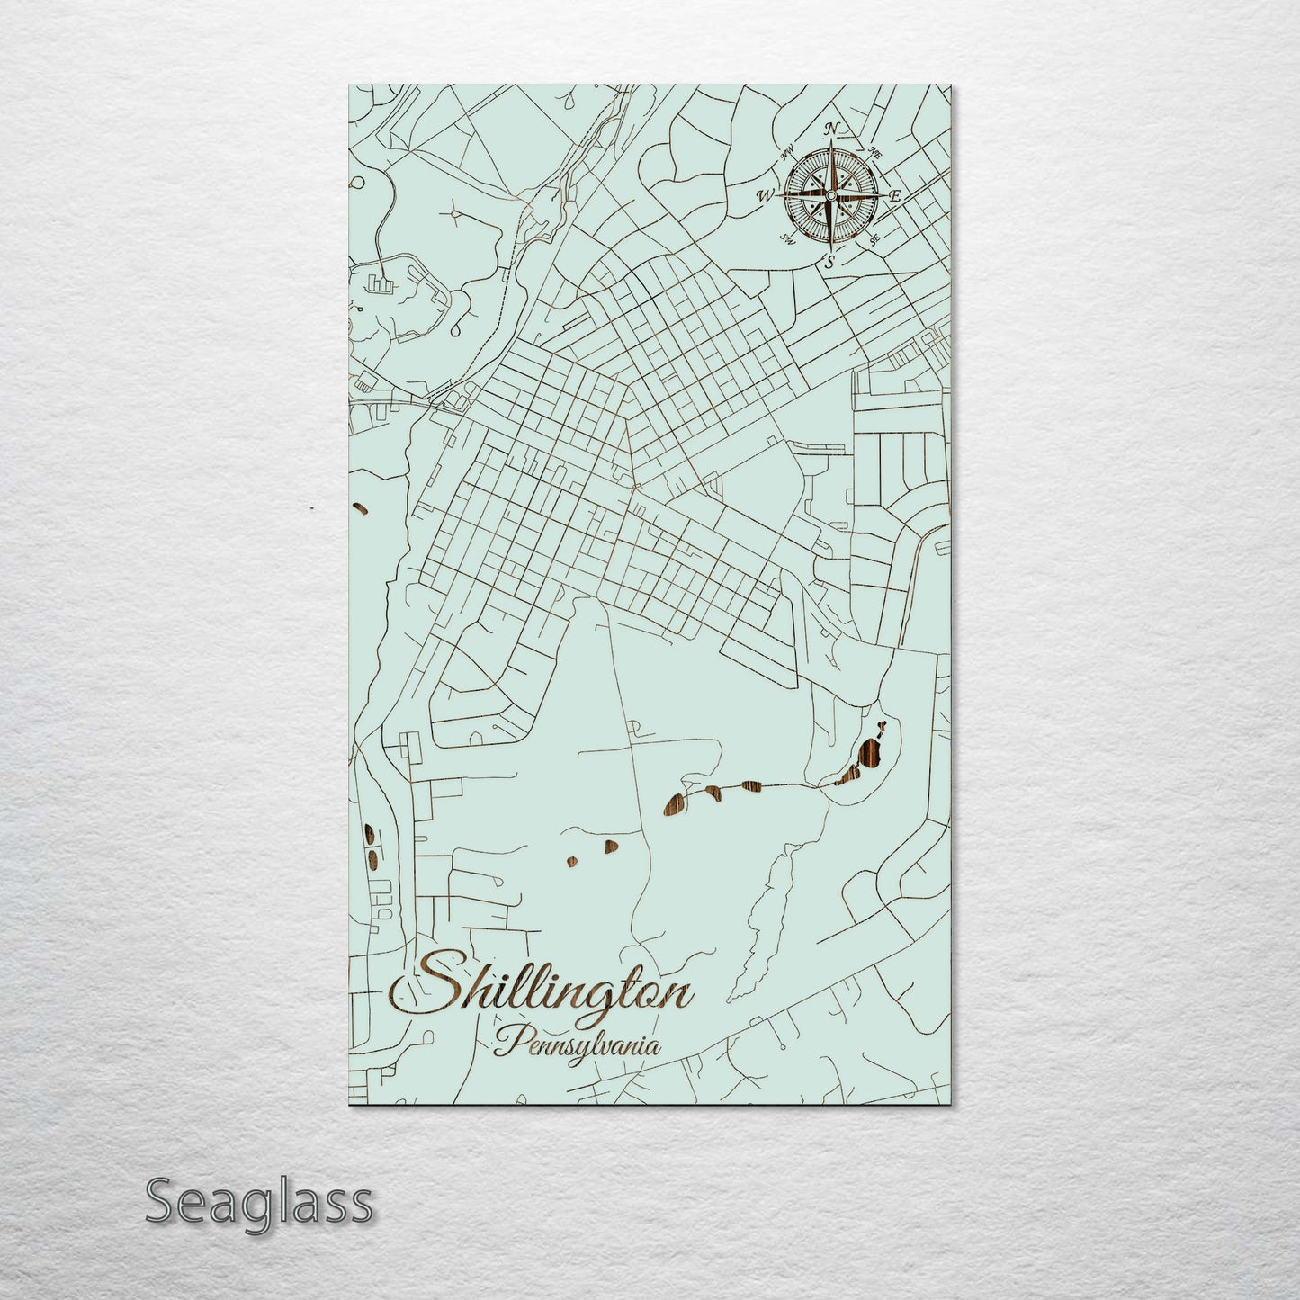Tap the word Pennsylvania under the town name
click(x=576, y=1045)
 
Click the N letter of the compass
click(x=832, y=128)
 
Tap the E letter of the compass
click(x=895, y=194)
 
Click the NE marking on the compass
click(x=876, y=155)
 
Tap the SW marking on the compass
click(x=787, y=238)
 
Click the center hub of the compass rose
click(x=830, y=195)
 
